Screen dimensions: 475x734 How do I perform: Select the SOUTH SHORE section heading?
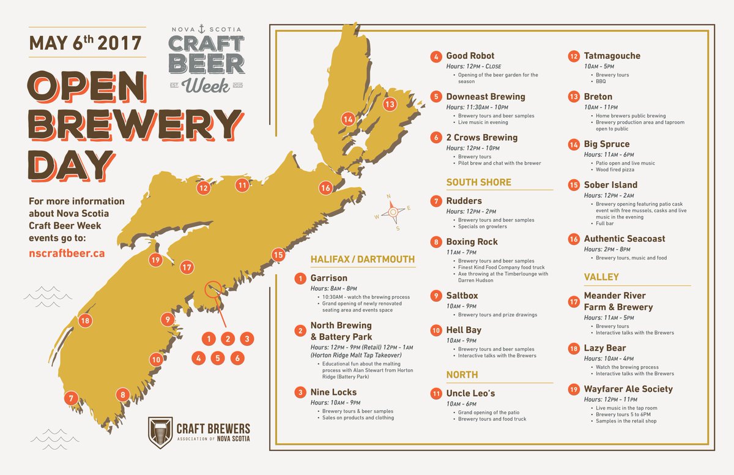click(479, 182)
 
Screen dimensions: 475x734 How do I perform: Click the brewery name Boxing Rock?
click(472, 242)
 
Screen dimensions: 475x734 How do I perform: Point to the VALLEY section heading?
click(601, 277)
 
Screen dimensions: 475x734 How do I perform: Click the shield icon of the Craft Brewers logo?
click(160, 432)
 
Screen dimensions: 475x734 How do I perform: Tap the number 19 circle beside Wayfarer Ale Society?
click(573, 389)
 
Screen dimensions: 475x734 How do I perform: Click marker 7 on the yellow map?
click(72, 398)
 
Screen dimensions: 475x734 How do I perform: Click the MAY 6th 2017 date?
click(86, 43)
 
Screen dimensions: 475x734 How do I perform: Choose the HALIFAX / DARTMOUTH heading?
click(363, 259)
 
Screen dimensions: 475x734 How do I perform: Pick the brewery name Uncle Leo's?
click(470, 393)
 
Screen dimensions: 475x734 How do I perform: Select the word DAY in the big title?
click(71, 165)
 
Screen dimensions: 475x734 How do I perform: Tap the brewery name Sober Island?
click(610, 185)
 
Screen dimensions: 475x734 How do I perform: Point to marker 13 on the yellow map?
click(390, 104)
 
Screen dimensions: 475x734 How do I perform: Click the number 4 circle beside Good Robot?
click(436, 57)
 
